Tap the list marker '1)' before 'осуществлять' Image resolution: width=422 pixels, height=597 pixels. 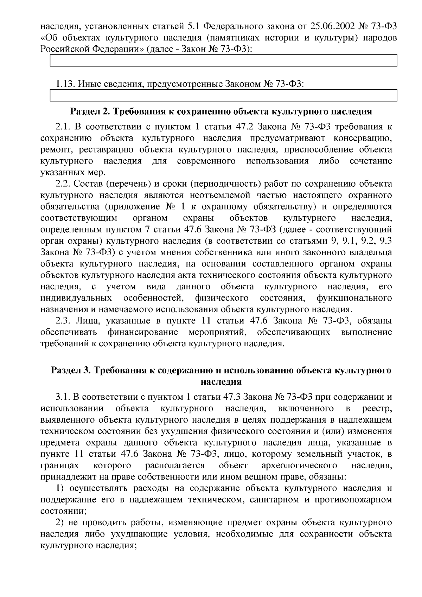pos(60,488)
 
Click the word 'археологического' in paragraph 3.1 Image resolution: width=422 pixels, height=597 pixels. pos(300,466)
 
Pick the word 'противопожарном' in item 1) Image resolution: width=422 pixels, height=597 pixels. pos(353,500)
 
